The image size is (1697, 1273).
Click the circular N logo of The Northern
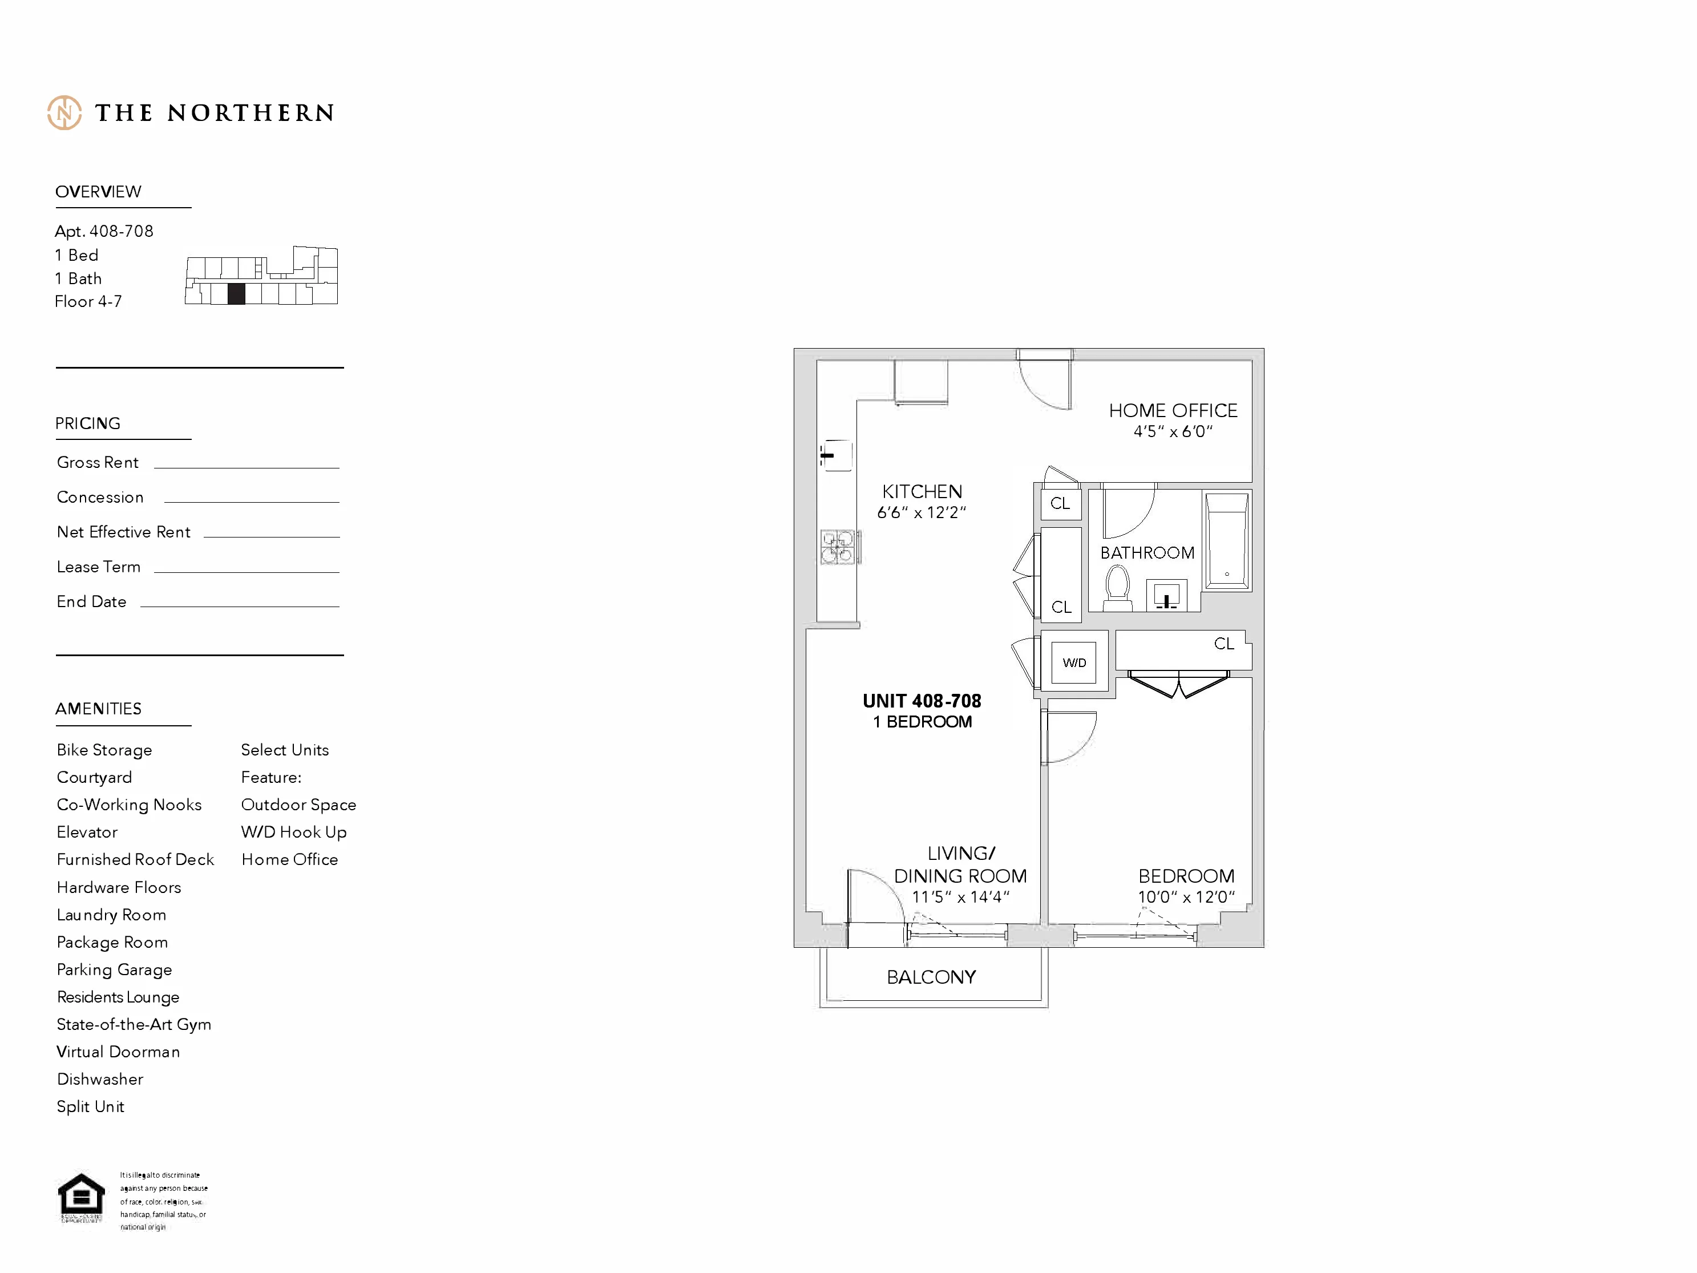[64, 113]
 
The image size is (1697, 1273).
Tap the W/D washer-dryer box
[1073, 662]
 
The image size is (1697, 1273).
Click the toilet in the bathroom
[1118, 587]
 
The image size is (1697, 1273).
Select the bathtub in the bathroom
[1227, 540]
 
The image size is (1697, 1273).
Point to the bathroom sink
[1166, 596]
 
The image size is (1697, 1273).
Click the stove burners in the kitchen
[837, 546]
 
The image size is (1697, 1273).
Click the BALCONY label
[931, 977]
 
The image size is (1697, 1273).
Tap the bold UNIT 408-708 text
[922, 701]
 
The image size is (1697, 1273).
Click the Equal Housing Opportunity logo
[82, 1198]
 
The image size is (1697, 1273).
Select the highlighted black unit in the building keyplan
[236, 294]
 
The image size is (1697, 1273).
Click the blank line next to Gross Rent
[247, 467]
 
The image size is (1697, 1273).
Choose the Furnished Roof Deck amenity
[135, 859]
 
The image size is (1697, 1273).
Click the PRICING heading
[87, 423]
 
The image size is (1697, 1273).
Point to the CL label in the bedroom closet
[1223, 643]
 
